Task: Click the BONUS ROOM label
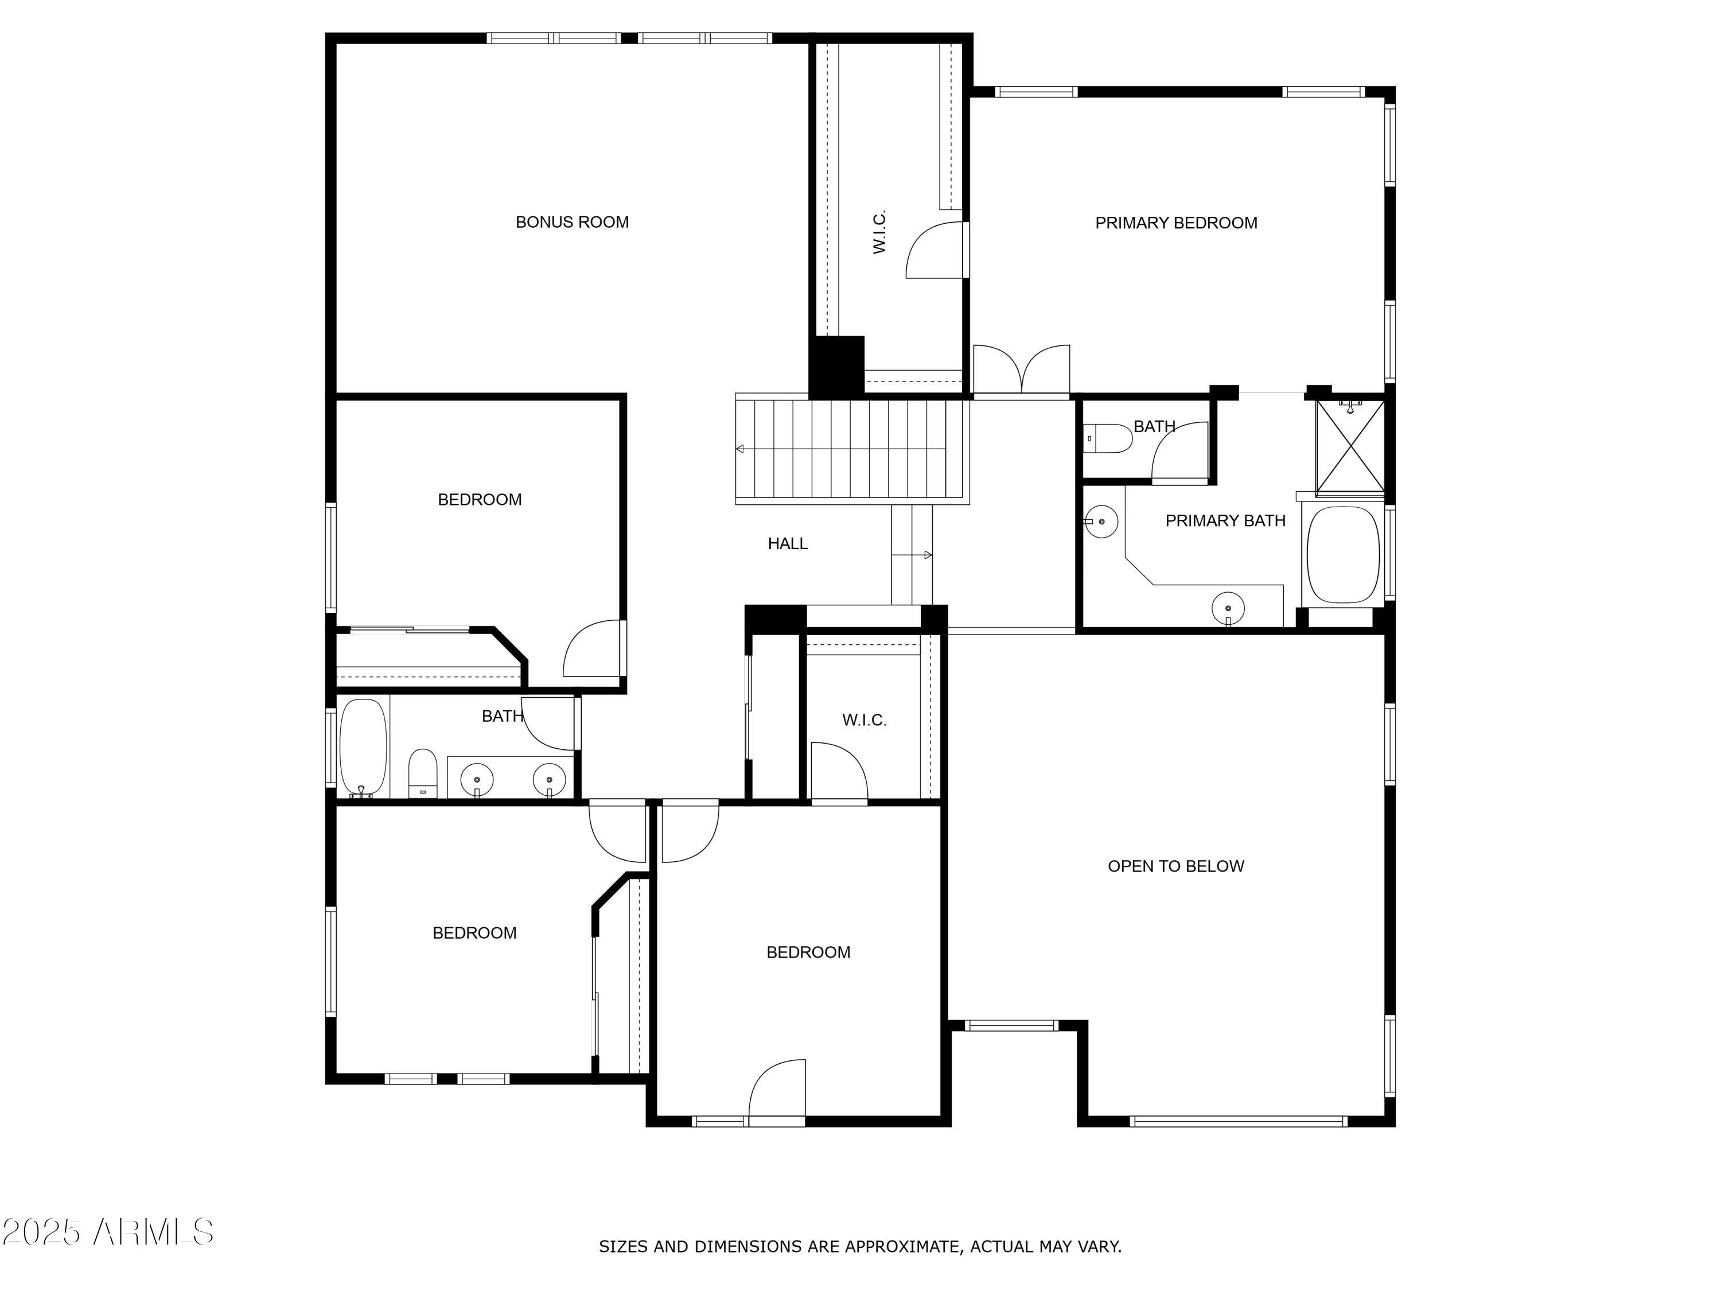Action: coord(572,222)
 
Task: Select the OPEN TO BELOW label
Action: coord(1175,866)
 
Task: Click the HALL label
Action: coord(788,544)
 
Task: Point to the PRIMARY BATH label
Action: coord(1225,520)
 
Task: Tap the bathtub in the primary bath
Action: coord(1343,555)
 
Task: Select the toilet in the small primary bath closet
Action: coord(1108,438)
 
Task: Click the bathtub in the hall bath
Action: coord(363,748)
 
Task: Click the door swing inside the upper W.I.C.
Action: coord(935,251)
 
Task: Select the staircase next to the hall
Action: coord(852,449)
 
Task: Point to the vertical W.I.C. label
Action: coord(879,232)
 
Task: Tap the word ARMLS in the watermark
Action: coord(153,1232)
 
